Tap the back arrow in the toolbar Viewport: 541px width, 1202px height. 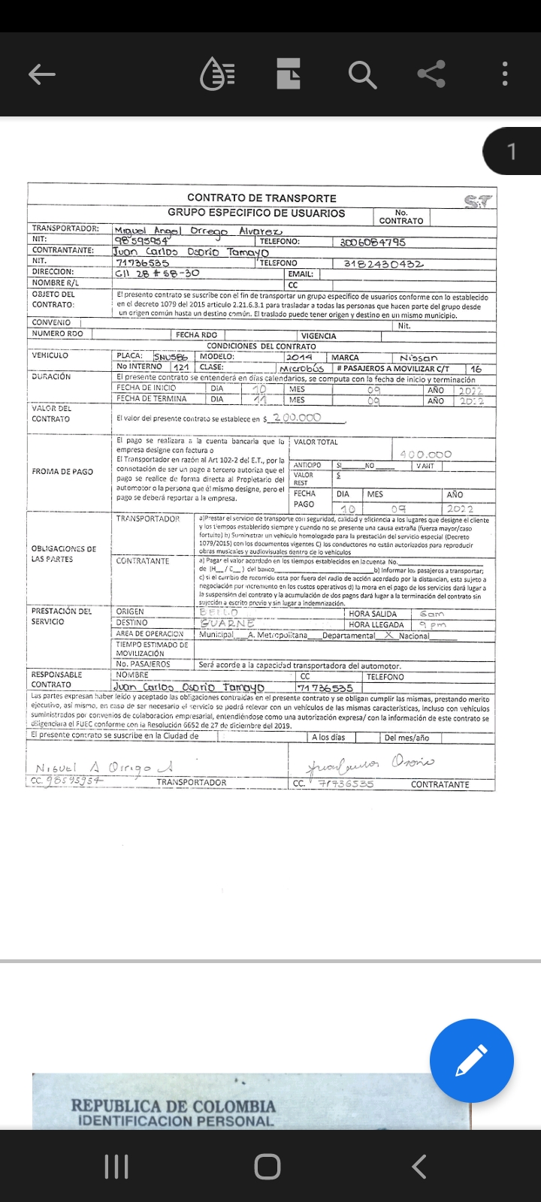click(x=42, y=74)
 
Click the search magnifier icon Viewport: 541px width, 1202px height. click(x=362, y=74)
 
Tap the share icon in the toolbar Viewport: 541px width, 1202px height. click(x=431, y=74)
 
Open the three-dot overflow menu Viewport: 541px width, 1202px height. click(x=505, y=74)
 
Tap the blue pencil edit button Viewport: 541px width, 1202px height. click(x=471, y=1060)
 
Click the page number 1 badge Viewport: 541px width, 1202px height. click(x=512, y=152)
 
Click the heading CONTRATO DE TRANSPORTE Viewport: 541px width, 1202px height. click(x=261, y=198)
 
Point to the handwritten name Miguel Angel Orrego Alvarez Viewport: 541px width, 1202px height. click(x=198, y=231)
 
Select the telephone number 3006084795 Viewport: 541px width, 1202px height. click(x=373, y=242)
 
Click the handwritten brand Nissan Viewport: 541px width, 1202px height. click(x=419, y=358)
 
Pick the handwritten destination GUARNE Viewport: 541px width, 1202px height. click(x=228, y=624)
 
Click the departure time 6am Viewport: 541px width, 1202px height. click(x=432, y=614)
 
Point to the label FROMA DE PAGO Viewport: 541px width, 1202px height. click(x=62, y=472)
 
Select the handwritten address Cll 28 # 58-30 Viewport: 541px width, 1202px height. click(x=157, y=273)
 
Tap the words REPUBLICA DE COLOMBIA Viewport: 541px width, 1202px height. click(x=174, y=1106)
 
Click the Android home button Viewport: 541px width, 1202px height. click(x=267, y=1167)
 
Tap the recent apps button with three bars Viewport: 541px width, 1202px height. click(x=116, y=1167)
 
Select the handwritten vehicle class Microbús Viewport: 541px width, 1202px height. click(x=301, y=369)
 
